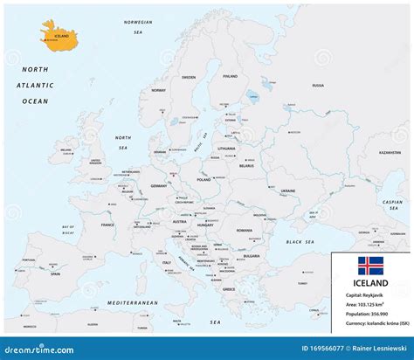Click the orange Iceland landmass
(59, 37)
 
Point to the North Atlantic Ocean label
(36, 86)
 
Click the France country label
(107, 225)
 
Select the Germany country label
(158, 186)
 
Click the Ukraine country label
(286, 191)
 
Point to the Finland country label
(230, 76)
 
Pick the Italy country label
(165, 262)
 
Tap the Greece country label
(229, 288)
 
